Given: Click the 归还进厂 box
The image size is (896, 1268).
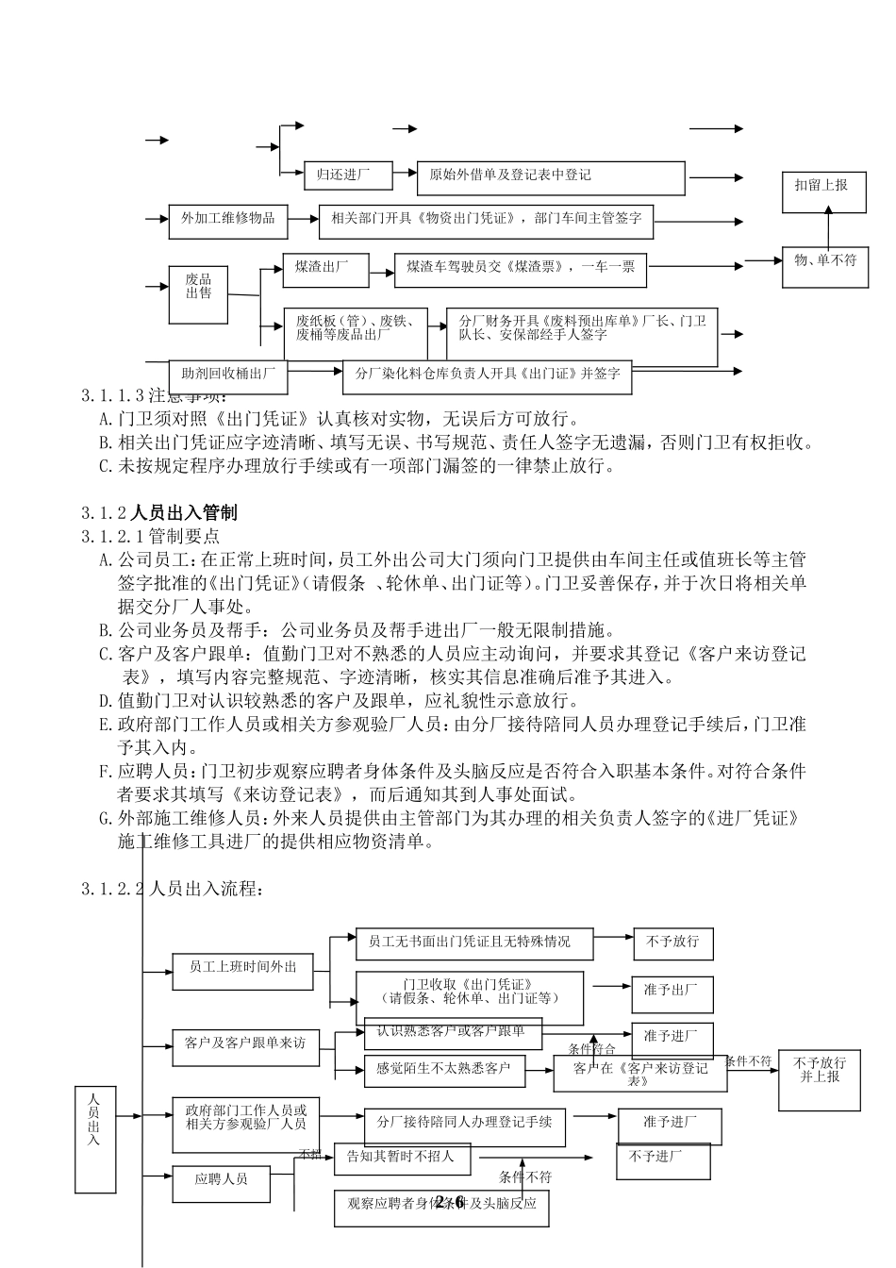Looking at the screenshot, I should click(340, 175).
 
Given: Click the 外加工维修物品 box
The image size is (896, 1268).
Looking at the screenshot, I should click(227, 219).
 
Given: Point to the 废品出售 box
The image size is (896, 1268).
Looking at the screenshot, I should click(198, 292).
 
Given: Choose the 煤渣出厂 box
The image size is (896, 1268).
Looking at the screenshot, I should click(325, 270).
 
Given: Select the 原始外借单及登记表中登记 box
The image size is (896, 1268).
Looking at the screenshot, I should click(552, 176).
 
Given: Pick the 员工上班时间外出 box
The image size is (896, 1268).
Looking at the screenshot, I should click(242, 972).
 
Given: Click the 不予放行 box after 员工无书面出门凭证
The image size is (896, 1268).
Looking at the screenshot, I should click(672, 943).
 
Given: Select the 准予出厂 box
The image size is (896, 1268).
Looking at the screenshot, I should click(672, 993).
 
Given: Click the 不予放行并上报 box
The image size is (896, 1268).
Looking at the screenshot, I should click(820, 1077).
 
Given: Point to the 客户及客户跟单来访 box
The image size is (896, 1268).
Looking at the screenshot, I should click(245, 1048).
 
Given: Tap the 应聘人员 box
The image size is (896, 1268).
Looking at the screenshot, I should click(222, 1183).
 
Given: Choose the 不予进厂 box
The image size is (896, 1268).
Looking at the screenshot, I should click(663, 1160).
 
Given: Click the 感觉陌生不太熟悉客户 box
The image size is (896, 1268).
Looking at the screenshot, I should click(443, 1069).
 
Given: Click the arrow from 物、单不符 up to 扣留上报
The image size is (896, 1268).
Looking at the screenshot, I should click(828, 230).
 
